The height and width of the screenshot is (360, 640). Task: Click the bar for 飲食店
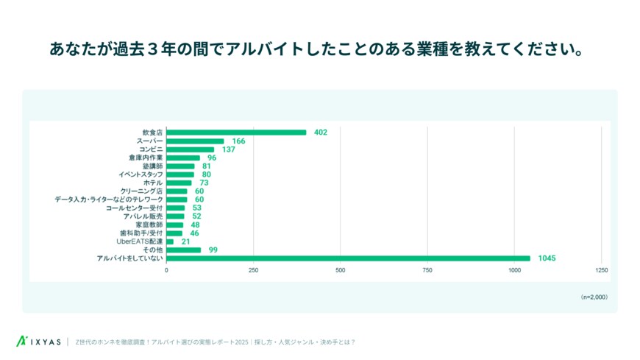236,133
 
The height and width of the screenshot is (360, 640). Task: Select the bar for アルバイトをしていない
348,258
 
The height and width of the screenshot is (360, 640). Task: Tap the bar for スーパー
195,141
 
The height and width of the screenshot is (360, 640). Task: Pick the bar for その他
183,250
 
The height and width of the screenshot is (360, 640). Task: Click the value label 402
320,133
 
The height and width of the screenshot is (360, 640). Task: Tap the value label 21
186,241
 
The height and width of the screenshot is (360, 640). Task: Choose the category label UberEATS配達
140,241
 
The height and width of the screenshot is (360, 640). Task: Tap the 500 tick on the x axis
341,270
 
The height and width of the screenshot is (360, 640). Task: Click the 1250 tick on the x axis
601,270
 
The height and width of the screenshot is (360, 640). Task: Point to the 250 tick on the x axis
253,270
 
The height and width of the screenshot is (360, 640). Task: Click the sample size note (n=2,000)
594,297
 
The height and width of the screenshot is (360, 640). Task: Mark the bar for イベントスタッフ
180,174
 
